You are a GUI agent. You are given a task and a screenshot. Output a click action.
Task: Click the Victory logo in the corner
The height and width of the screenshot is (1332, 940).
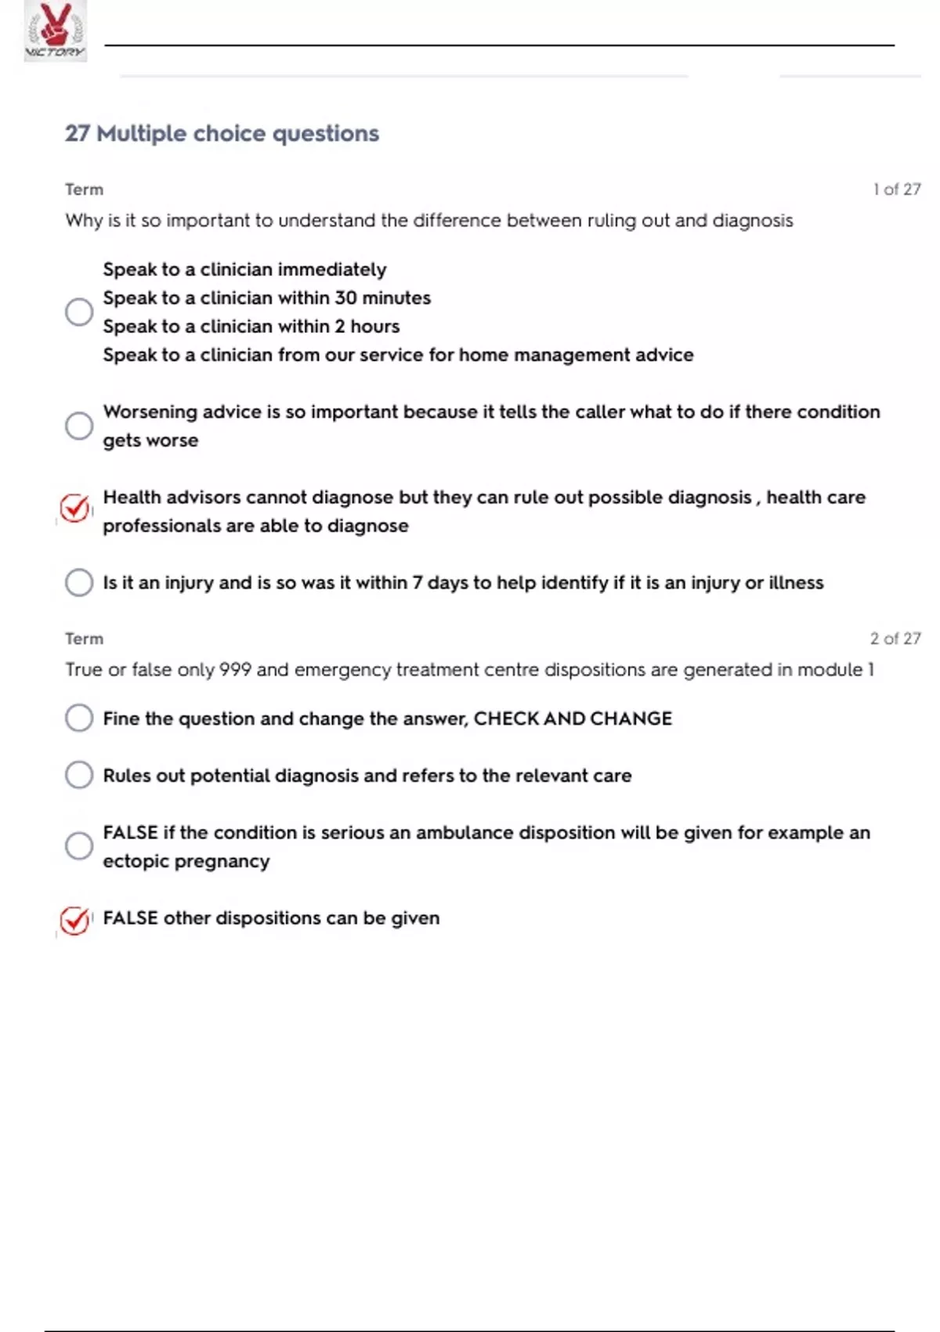click(55, 31)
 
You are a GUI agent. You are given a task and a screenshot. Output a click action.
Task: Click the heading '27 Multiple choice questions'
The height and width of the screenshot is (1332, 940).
click(222, 134)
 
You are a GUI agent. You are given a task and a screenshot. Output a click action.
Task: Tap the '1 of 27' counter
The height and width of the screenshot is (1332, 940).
click(896, 190)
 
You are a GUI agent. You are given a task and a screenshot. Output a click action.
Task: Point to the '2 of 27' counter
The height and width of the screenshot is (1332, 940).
click(895, 639)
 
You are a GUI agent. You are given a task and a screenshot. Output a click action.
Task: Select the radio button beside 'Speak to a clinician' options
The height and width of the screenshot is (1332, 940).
click(79, 312)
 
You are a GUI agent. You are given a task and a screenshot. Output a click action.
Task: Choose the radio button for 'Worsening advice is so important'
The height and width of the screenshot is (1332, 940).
click(79, 426)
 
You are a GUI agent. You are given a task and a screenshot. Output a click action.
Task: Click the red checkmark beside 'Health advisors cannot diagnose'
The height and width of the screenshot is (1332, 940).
click(75, 509)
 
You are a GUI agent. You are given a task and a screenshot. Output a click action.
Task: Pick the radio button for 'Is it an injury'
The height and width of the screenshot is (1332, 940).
click(79, 583)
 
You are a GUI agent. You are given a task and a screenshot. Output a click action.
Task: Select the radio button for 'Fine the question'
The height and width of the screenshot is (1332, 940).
click(79, 718)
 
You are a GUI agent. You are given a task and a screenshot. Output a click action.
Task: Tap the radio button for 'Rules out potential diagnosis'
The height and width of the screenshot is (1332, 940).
click(79, 776)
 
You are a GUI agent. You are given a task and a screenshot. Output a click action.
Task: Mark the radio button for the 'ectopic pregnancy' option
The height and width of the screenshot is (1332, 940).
click(79, 846)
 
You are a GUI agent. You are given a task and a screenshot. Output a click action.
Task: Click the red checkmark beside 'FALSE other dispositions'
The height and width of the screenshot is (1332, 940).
click(75, 920)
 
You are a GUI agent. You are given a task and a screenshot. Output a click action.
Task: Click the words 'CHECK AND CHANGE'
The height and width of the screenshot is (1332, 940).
click(573, 719)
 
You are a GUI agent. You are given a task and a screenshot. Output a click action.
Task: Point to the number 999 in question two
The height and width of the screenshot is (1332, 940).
click(235, 670)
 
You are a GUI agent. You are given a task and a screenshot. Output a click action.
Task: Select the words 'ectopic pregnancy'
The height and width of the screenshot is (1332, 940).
click(186, 862)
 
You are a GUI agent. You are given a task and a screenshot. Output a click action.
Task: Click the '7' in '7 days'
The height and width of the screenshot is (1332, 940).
click(418, 583)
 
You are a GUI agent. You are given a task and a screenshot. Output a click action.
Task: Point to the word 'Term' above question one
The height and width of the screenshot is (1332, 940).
click(84, 190)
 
